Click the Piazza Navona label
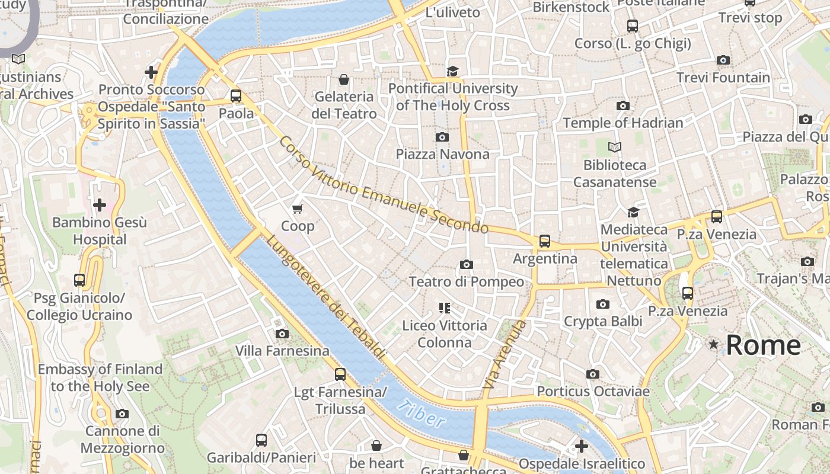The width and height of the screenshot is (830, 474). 443,154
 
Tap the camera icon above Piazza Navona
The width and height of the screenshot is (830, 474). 442,137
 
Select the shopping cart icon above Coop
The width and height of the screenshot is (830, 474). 298,209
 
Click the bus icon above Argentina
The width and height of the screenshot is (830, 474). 544,241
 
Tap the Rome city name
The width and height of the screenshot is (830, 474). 763,345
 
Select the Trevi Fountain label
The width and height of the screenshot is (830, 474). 723,78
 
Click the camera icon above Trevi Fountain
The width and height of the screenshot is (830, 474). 723,60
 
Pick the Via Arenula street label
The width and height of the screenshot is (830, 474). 505,354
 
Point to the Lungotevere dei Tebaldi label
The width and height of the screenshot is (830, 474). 325,297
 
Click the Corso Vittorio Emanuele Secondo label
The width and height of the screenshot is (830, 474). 384,185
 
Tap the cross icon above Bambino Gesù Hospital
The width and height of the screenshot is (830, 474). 100,205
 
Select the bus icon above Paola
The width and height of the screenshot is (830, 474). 236,95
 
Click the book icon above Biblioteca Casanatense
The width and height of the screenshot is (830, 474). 615,147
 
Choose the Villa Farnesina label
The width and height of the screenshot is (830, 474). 282,351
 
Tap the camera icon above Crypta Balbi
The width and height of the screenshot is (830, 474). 603,304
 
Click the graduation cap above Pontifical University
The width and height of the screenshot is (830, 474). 453,71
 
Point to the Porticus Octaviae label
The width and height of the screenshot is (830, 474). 593,391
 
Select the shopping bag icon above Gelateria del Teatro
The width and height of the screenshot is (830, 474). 344,79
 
